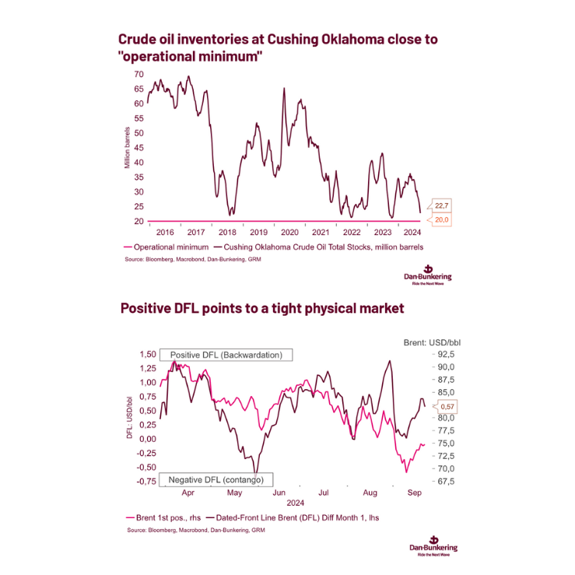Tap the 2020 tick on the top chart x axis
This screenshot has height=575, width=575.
pyautogui.click(x=289, y=232)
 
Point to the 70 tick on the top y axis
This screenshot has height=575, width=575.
pyautogui.click(x=138, y=74)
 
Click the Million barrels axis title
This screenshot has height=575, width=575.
pyautogui.click(x=128, y=148)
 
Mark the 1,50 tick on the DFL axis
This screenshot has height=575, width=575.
pyautogui.click(x=146, y=354)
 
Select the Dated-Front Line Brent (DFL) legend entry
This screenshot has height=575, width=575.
pyautogui.click(x=309, y=517)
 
